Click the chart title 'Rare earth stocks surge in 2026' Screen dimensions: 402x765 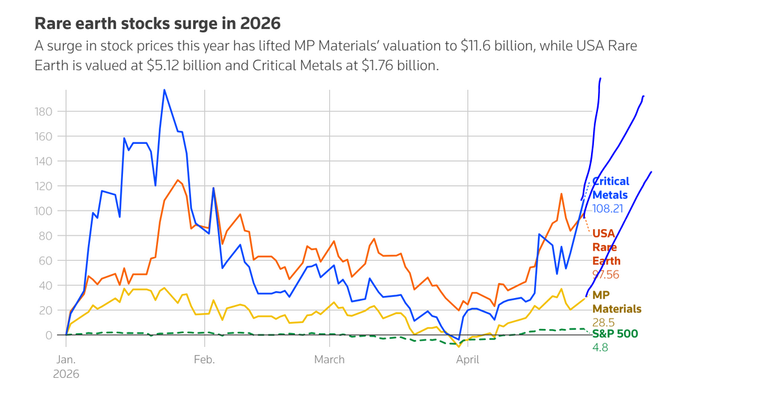[x=157, y=23]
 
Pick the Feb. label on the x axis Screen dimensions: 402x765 [x=204, y=359]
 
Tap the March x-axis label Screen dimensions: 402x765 [x=329, y=359]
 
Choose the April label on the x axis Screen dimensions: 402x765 [x=468, y=359]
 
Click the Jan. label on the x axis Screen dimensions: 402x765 [x=66, y=359]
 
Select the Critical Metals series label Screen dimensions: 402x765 [x=610, y=188]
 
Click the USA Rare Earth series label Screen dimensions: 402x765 [x=606, y=247]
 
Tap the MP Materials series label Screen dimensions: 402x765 [x=617, y=302]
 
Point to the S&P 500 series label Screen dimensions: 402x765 [x=614, y=335]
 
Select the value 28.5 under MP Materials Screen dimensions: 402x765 [x=603, y=322]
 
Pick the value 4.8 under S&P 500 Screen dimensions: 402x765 [x=600, y=348]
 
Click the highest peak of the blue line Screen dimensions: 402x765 [x=164, y=89]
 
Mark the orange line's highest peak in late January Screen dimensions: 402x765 [x=178, y=180]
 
